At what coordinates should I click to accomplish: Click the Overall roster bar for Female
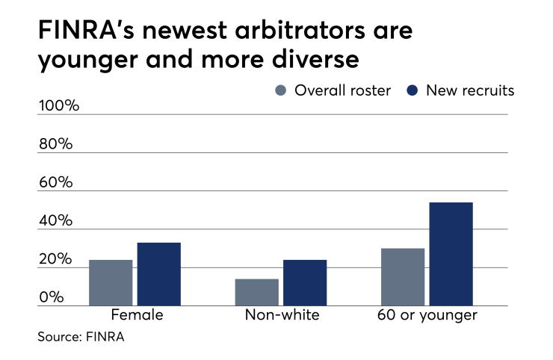pyautogui.click(x=111, y=282)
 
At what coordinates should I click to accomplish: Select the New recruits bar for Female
pyautogui.click(x=159, y=274)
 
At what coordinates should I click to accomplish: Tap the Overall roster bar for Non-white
pyautogui.click(x=256, y=292)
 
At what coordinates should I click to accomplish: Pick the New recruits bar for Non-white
pyautogui.click(x=305, y=282)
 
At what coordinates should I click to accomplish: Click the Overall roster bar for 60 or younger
pyautogui.click(x=403, y=276)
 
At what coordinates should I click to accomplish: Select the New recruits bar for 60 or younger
pyautogui.click(x=451, y=254)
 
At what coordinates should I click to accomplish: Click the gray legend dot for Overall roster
pyautogui.click(x=281, y=91)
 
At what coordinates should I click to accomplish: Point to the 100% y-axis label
pyautogui.click(x=58, y=105)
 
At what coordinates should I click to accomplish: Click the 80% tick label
pyautogui.click(x=55, y=144)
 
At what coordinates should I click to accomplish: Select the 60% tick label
pyautogui.click(x=55, y=183)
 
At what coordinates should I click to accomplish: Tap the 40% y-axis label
pyautogui.click(x=55, y=222)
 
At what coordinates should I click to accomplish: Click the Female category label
pyautogui.click(x=137, y=315)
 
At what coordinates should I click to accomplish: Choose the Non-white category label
pyautogui.click(x=282, y=315)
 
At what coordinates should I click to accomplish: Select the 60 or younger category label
pyautogui.click(x=427, y=315)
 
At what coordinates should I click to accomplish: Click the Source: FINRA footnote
pyautogui.click(x=81, y=337)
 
